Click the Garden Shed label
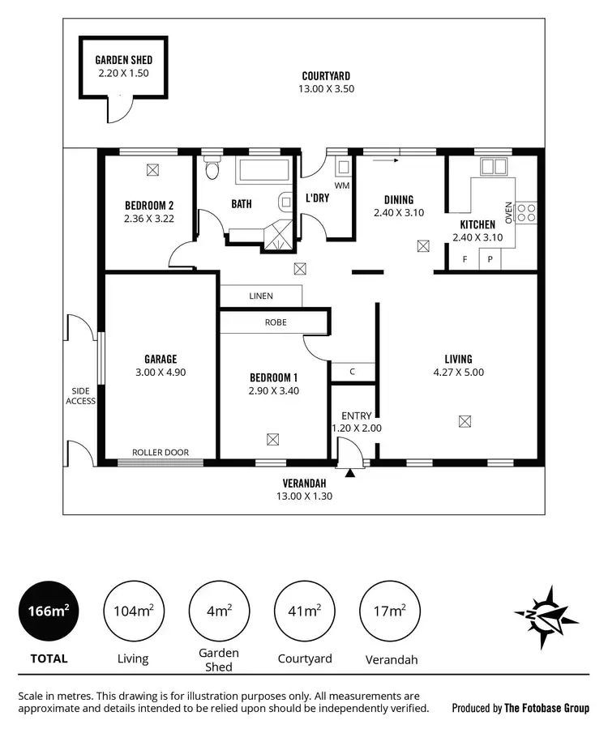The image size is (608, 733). coord(123,60)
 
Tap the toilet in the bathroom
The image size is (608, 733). coord(212,169)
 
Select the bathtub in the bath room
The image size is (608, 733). coord(262,172)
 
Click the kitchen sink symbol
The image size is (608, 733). coord(493,167)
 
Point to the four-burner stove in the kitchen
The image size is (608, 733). coord(526,212)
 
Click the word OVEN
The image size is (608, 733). coord(509,212)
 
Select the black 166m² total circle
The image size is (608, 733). coord(49,612)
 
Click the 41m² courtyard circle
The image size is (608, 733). coord(305,612)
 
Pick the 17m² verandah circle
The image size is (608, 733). coord(390,612)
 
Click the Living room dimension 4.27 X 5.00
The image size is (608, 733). coord(458,373)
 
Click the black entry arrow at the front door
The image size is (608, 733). coord(350,472)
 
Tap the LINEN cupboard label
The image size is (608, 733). coord(260,296)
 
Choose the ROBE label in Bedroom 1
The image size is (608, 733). coord(275,322)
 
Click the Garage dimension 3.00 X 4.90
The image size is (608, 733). coord(161,373)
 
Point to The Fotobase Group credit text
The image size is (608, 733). coord(546,708)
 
